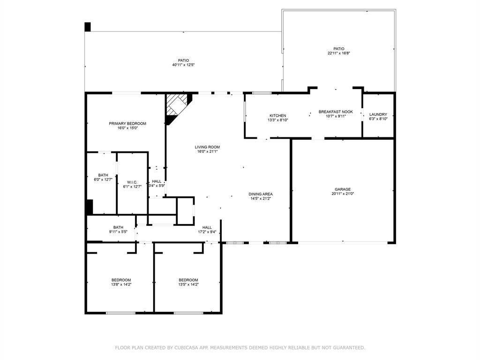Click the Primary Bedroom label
coord(127,123)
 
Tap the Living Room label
coord(207,147)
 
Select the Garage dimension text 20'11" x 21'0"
coord(343,194)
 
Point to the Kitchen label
coord(277,115)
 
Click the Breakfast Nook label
coord(336,112)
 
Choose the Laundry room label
coord(378,114)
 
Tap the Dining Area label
coord(261,194)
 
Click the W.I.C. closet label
coord(132,182)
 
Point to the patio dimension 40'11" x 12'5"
coord(183,65)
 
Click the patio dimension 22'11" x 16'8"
coord(338,53)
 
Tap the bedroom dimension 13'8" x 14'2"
coord(121,285)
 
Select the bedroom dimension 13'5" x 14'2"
coord(188,285)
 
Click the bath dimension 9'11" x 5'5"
coord(118,232)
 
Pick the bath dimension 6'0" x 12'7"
coord(103,180)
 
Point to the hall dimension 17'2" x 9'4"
coord(207,232)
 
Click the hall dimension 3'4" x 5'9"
coord(157,186)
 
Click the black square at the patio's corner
coord(88,27)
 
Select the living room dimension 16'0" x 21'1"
coord(207,151)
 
